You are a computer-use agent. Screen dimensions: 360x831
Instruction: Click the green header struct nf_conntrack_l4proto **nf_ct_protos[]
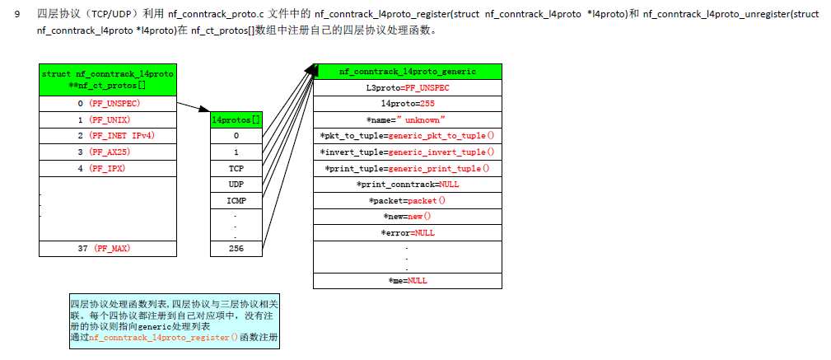(x=107, y=79)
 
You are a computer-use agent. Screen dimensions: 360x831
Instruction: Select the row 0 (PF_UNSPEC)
(x=107, y=104)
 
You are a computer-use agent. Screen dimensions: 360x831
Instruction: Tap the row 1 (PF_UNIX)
(x=107, y=119)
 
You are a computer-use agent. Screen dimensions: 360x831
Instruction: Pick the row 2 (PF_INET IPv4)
(x=107, y=136)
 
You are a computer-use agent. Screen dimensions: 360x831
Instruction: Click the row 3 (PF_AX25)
(x=107, y=152)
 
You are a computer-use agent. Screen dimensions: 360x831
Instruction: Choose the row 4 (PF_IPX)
(x=107, y=168)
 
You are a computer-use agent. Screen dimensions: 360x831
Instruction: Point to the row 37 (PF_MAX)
(x=107, y=248)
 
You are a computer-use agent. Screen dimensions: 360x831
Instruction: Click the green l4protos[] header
(x=236, y=120)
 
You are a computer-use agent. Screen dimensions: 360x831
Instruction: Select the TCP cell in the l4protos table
(x=236, y=168)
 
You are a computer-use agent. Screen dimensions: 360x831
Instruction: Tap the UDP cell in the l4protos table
(x=236, y=184)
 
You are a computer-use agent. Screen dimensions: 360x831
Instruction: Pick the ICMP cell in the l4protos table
(x=236, y=200)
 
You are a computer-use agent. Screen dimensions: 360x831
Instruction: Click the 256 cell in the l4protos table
(x=236, y=248)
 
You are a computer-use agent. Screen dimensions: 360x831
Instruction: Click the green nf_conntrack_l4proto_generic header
(x=408, y=72)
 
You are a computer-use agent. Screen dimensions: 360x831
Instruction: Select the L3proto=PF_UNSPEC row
(x=408, y=87)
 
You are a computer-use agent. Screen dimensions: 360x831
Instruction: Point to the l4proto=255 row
(x=408, y=104)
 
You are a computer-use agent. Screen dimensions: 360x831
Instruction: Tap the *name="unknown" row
(x=408, y=119)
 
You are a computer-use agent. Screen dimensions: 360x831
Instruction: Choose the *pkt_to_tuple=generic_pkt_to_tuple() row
(x=408, y=136)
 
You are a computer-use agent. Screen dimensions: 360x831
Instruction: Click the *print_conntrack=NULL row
(x=408, y=184)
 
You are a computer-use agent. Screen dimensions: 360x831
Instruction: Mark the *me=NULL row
(x=408, y=281)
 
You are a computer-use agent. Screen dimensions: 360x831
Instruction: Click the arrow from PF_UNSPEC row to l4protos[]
(x=194, y=107)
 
